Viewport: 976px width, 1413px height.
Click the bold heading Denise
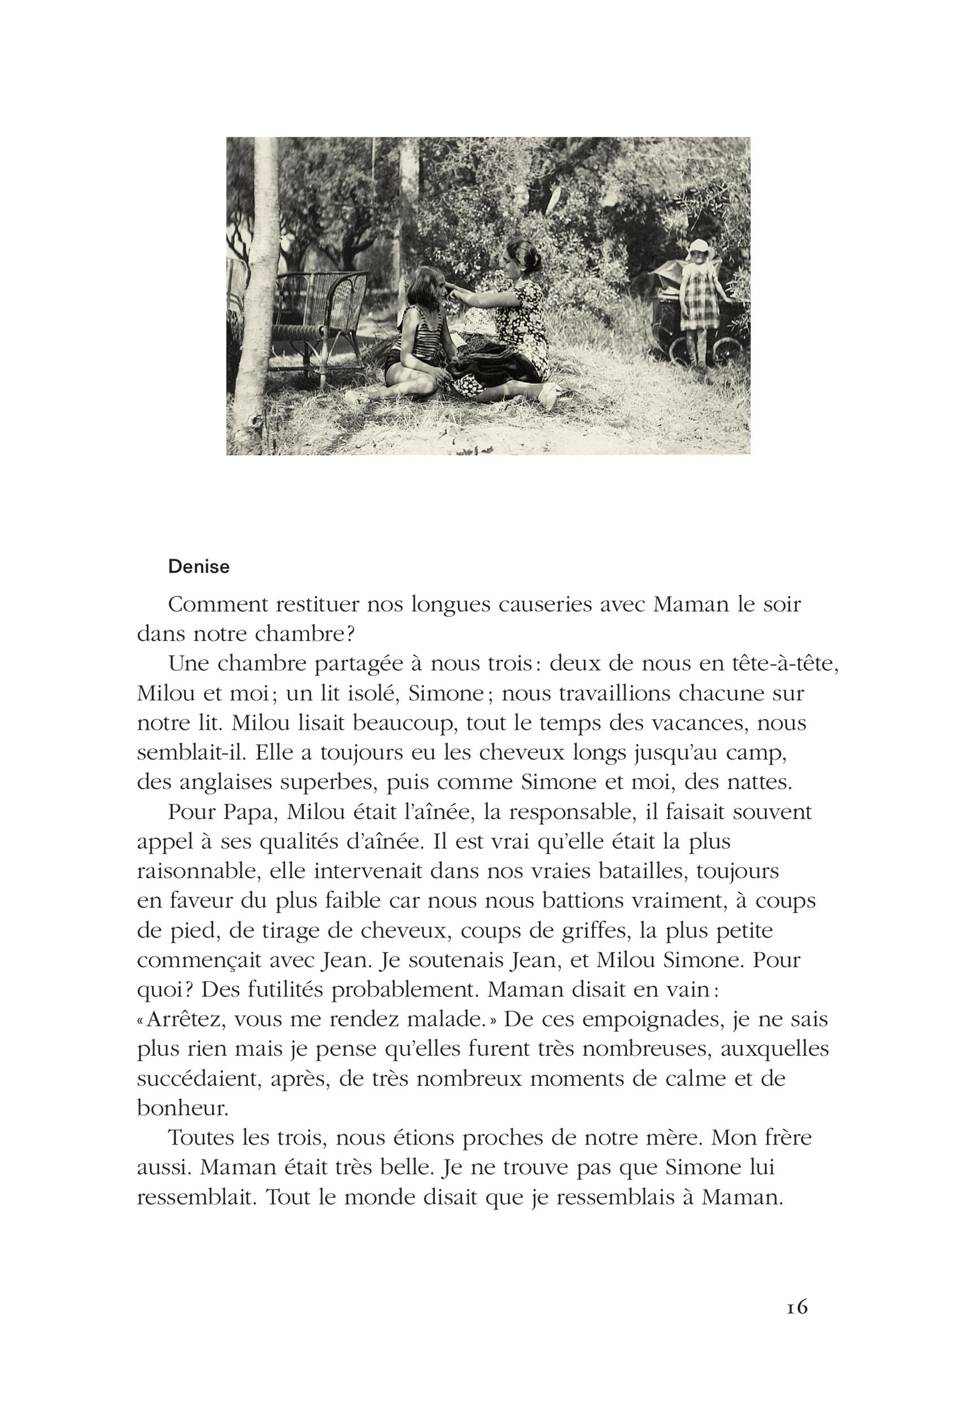(199, 567)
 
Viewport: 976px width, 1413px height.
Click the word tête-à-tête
(783, 664)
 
